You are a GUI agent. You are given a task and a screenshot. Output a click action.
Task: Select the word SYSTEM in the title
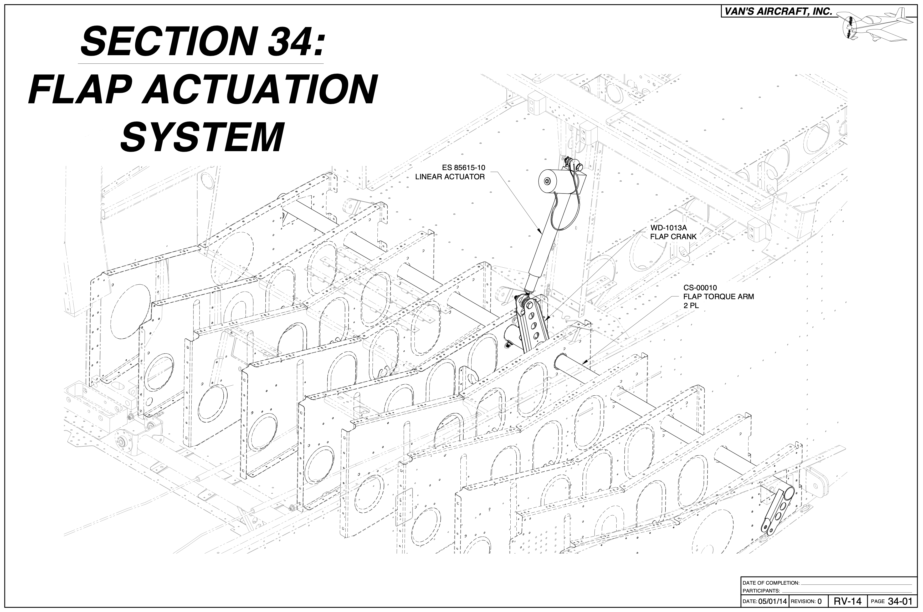[x=202, y=138]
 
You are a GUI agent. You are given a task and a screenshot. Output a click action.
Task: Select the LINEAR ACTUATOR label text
[x=449, y=177]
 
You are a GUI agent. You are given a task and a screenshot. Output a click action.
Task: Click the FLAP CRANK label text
[x=673, y=237]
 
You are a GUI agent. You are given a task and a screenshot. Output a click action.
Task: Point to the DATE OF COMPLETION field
[x=771, y=583]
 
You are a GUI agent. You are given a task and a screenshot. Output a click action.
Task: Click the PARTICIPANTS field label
[x=761, y=590]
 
